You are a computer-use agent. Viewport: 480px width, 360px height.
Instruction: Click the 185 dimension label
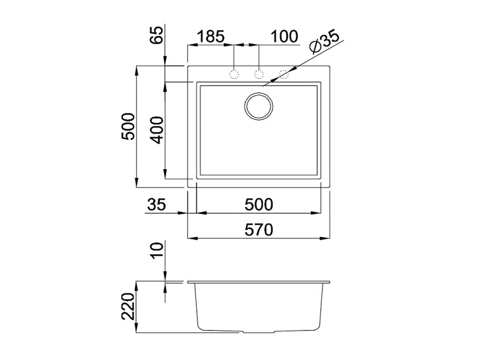coord(211,37)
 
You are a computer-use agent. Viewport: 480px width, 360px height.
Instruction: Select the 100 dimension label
coord(285,37)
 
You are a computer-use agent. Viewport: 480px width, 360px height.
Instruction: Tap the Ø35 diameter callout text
coord(324,42)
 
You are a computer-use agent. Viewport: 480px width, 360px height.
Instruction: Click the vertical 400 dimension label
coord(158,130)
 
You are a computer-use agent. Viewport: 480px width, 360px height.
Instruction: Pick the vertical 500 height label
coord(128,127)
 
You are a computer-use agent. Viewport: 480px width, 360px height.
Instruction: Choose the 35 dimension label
coord(157,204)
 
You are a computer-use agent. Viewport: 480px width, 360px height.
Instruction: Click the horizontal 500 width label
coord(259,204)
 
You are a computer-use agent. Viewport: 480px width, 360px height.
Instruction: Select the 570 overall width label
coord(259,230)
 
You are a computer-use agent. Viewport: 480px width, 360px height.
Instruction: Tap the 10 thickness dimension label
coord(158,251)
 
